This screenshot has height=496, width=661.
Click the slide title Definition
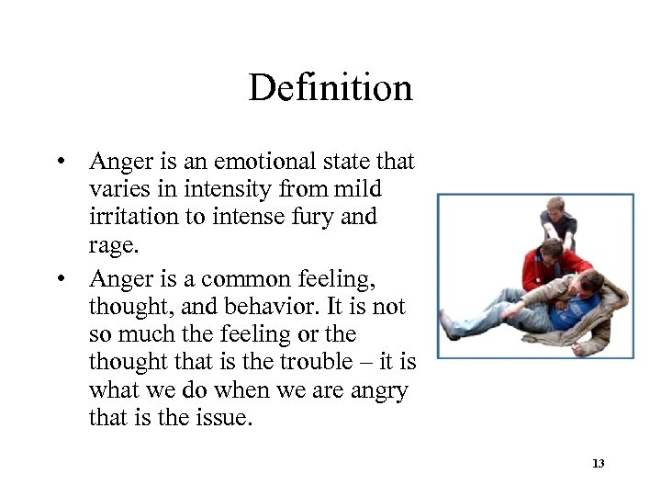[330, 88]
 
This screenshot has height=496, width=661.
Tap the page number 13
[599, 464]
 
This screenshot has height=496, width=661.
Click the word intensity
[218, 191]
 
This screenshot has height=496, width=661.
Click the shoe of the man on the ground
[447, 323]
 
